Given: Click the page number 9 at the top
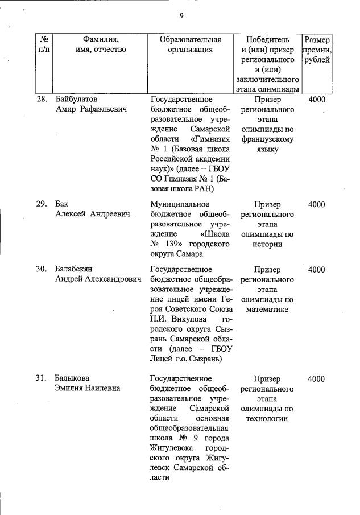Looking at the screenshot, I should [x=181, y=16].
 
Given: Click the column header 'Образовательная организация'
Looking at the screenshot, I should [x=190, y=44].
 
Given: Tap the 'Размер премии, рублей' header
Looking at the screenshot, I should [x=317, y=50].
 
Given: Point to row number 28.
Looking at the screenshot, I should [x=42, y=99].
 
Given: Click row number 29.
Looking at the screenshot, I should [x=42, y=204].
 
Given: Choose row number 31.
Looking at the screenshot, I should [x=42, y=378].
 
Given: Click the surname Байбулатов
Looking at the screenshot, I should [x=76, y=99].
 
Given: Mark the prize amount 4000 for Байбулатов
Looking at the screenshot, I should [x=316, y=99].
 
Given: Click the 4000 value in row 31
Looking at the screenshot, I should [x=316, y=378].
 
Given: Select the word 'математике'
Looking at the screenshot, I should [x=267, y=310].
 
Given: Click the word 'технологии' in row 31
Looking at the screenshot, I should [x=267, y=419].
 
